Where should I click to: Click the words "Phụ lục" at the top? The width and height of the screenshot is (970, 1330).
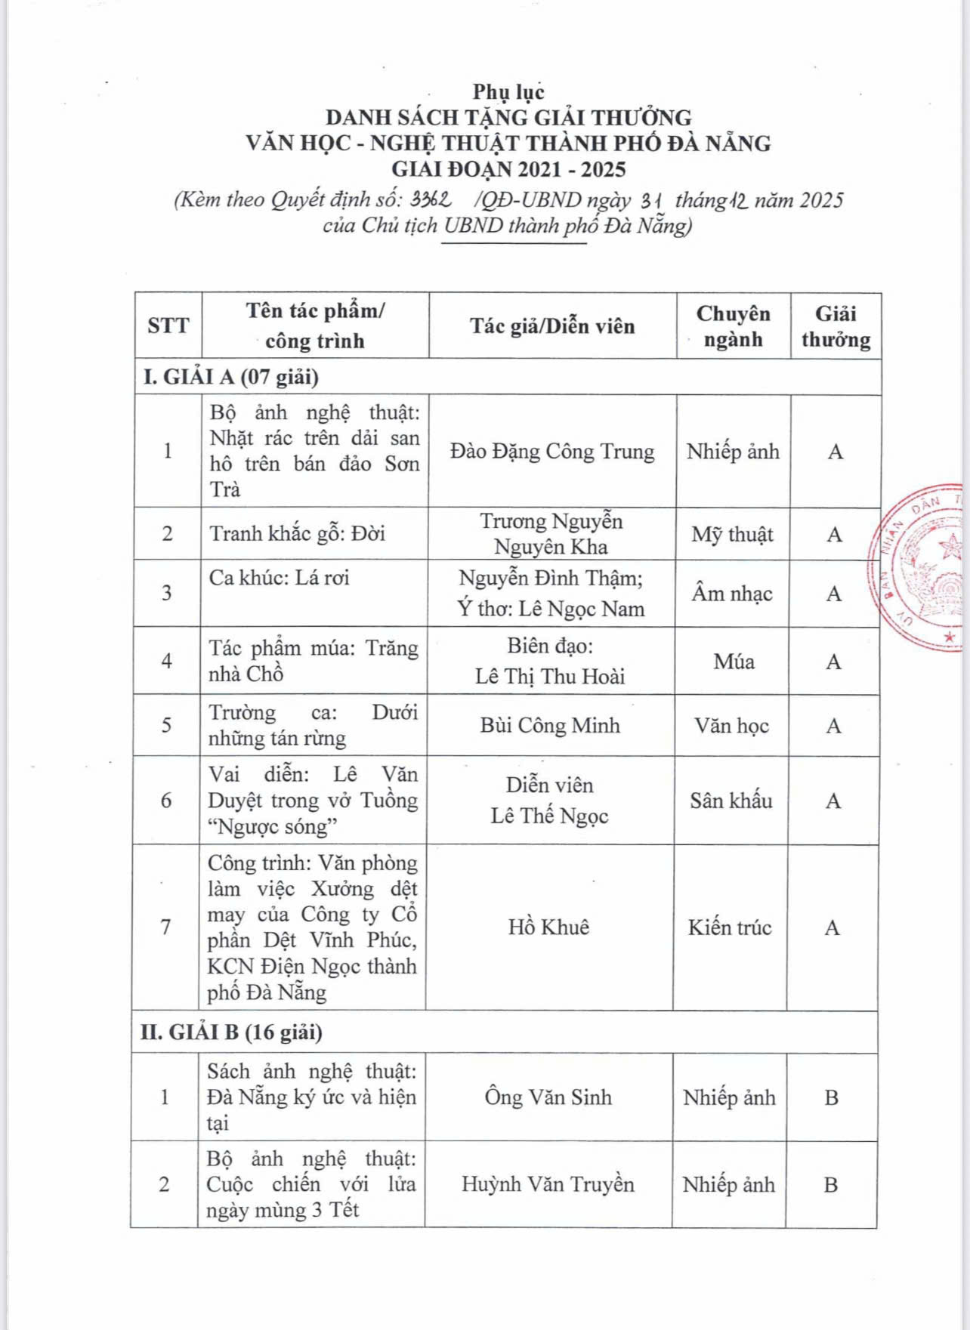(508, 92)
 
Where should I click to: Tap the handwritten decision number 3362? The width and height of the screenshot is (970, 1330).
(431, 200)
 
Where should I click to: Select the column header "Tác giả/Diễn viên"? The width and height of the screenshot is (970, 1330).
(552, 326)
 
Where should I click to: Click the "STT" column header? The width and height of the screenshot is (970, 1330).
(168, 326)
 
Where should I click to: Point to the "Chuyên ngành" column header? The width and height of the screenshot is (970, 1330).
(733, 326)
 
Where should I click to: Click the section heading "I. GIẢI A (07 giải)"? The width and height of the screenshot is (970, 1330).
(231, 377)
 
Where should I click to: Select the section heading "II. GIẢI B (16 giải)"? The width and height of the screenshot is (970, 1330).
(231, 1032)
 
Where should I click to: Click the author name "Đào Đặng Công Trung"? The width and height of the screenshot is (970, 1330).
(552, 452)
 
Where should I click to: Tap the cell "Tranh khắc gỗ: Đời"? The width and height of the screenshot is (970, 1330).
(298, 534)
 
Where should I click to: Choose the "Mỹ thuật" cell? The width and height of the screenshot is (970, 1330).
(732, 535)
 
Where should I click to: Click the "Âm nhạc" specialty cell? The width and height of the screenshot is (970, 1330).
(732, 594)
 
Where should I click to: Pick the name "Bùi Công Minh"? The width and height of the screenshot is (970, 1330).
(550, 726)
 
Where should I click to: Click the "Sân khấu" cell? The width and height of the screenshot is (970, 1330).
(731, 801)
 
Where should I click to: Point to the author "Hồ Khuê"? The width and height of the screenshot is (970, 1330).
(548, 927)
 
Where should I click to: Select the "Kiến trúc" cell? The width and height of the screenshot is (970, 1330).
(730, 927)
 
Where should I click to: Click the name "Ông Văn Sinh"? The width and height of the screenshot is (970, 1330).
(548, 1097)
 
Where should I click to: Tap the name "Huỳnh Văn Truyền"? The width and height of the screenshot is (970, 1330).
(548, 1184)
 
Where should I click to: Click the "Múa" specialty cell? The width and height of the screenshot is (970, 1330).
(734, 662)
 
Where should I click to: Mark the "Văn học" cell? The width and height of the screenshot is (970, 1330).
(731, 726)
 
